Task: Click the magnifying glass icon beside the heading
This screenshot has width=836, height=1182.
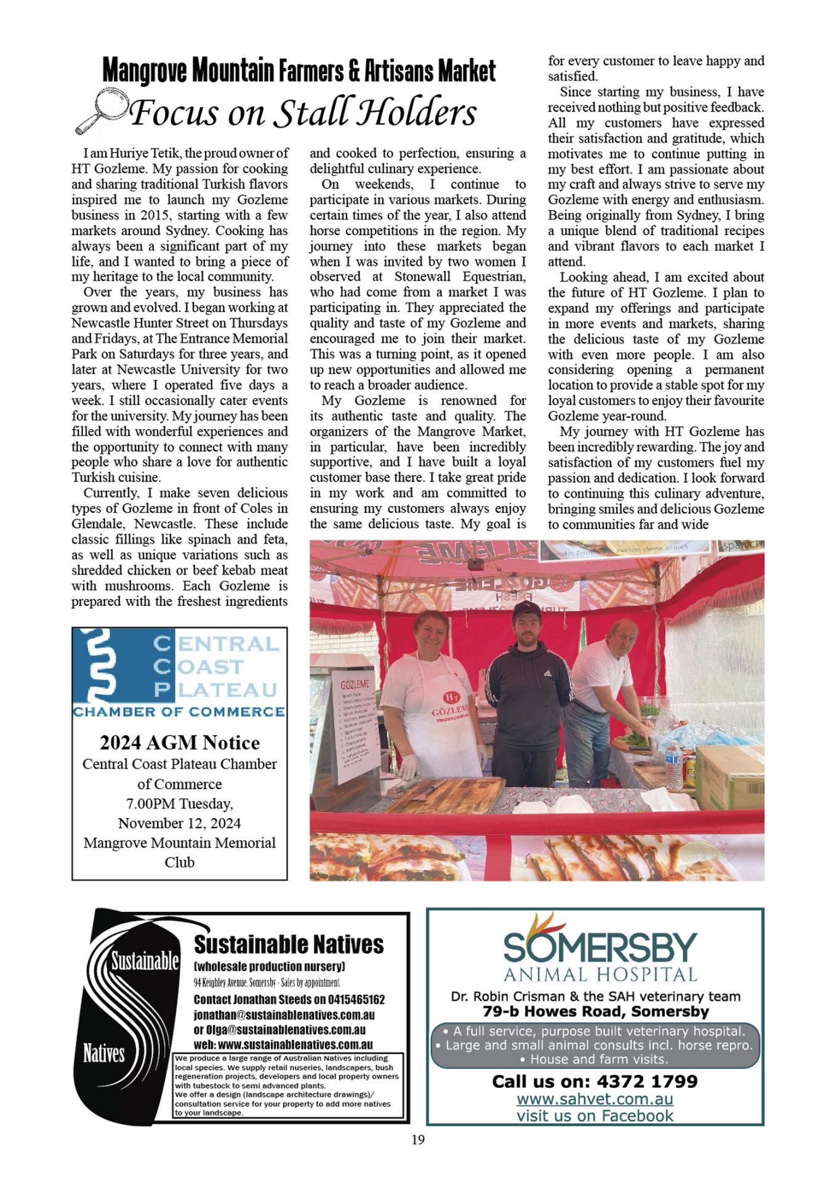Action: click(x=101, y=110)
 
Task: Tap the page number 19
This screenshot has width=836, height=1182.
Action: click(x=418, y=1140)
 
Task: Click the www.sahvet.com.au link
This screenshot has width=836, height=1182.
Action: click(x=595, y=1099)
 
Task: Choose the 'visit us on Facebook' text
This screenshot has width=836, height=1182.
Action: click(x=595, y=1116)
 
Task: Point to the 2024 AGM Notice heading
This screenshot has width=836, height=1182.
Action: click(x=180, y=742)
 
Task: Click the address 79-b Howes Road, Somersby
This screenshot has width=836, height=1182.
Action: click(x=595, y=1011)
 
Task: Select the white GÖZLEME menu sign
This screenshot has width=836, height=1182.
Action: click(x=356, y=726)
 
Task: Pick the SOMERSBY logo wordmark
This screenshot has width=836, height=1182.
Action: click(x=600, y=947)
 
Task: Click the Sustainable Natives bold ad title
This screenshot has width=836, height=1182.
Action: click(x=289, y=944)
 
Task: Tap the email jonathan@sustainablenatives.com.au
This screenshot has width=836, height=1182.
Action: click(x=284, y=1015)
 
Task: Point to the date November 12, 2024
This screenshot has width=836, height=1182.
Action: click(x=180, y=823)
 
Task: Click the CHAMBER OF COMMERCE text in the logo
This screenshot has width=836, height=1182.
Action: click(x=179, y=712)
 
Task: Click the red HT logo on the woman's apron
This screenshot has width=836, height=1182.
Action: click(x=452, y=698)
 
